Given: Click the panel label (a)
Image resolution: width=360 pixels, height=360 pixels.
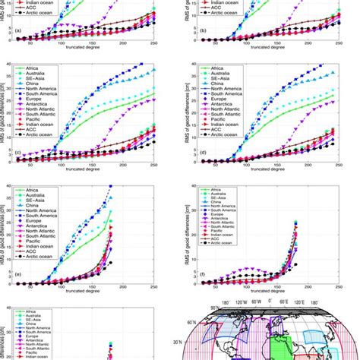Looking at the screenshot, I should pyautogui.click(x=17, y=33).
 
